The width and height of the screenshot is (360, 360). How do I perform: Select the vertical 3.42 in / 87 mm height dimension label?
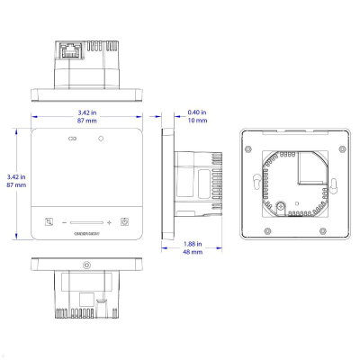(x=12, y=182)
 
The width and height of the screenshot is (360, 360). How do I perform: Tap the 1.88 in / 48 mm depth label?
(x=192, y=248)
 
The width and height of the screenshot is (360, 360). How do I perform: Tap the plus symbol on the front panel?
(x=109, y=222)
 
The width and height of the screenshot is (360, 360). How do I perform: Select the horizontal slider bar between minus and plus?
(x=86, y=222)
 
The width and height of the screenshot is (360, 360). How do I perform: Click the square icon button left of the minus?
(x=49, y=222)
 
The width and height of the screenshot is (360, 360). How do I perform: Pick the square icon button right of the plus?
(x=125, y=222)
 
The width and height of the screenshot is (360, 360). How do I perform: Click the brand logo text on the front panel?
(x=87, y=236)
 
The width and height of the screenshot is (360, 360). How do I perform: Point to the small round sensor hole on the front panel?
(x=102, y=139)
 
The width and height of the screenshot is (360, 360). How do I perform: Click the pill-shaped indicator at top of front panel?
(x=73, y=139)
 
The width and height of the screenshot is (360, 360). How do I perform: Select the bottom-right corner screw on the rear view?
(x=344, y=231)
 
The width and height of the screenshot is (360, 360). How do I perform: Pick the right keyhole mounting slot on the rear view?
(x=333, y=185)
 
